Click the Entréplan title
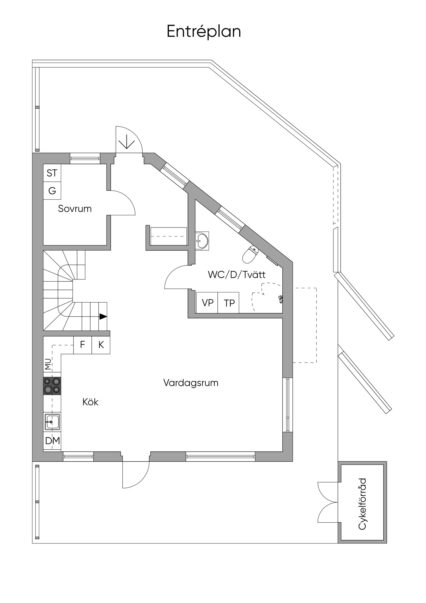[x=204, y=32]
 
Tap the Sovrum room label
[x=75, y=208]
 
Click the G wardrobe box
[x=52, y=191]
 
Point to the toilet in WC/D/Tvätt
[x=250, y=254]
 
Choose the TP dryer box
[x=229, y=303]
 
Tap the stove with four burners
[x=52, y=386]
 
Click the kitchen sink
[x=52, y=422]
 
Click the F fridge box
[x=82, y=345]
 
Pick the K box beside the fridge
[x=101, y=345]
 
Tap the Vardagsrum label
[x=191, y=383]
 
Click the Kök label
[x=90, y=402]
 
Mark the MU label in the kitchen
[x=48, y=365]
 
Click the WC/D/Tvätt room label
[x=237, y=275]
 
